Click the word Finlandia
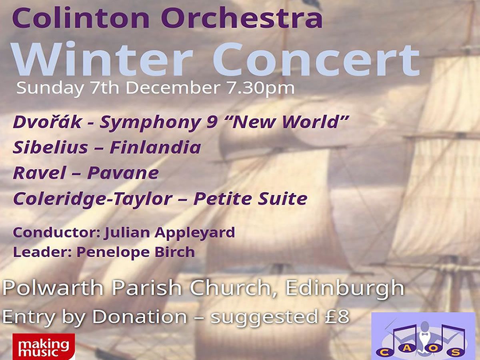(x=155, y=148)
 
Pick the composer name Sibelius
(x=50, y=148)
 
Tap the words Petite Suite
(x=250, y=199)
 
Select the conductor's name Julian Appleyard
(x=170, y=232)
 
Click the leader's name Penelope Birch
(x=136, y=252)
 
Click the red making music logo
(x=44, y=346)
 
